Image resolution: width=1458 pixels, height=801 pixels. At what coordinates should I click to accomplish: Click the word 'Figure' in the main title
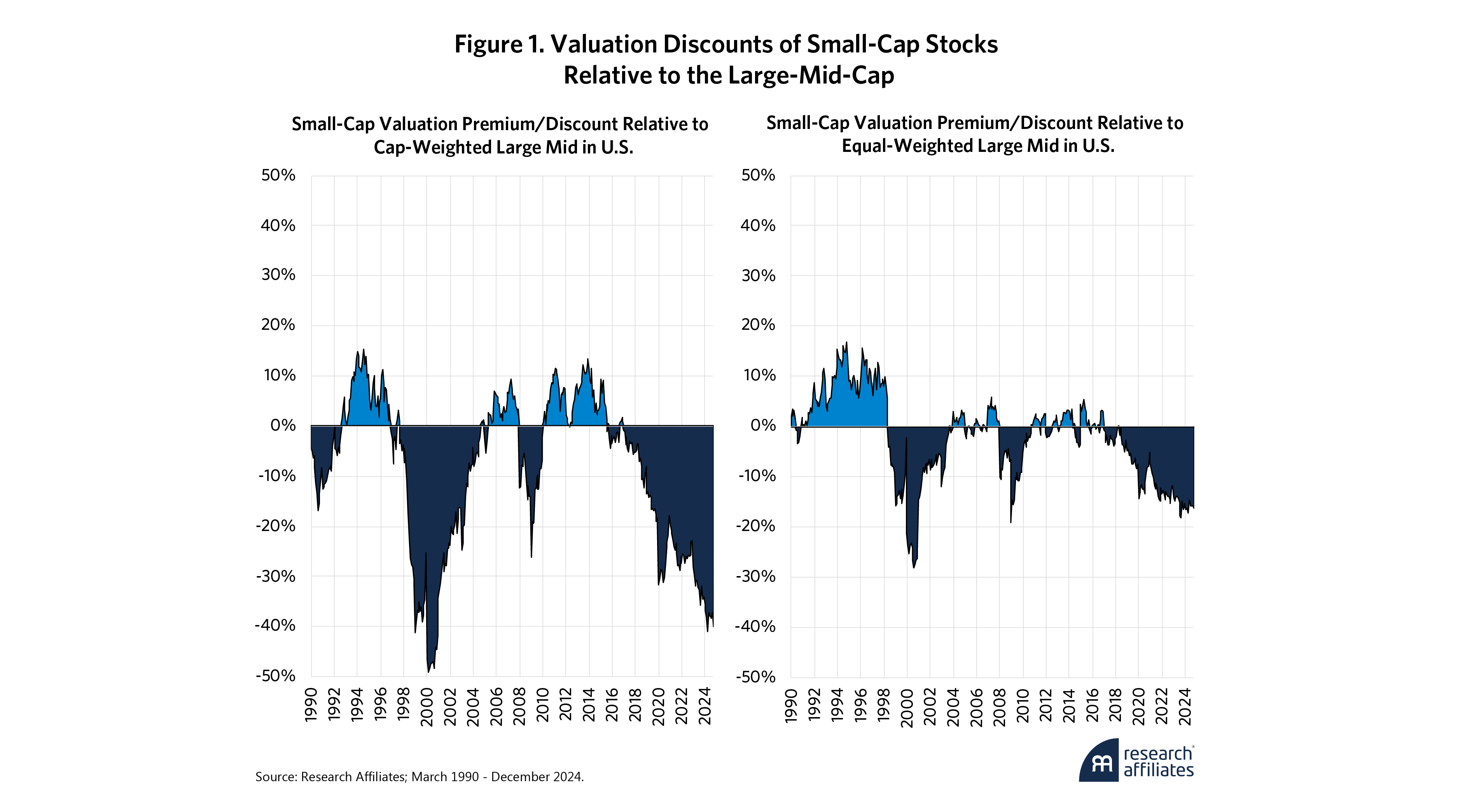click(488, 45)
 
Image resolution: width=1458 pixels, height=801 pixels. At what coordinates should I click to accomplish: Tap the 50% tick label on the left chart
click(278, 175)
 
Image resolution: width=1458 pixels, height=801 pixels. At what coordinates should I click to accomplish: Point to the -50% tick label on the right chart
click(755, 677)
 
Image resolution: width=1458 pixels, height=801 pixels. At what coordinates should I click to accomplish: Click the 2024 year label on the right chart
click(1185, 707)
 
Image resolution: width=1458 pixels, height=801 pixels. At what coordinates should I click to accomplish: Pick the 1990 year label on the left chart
click(311, 707)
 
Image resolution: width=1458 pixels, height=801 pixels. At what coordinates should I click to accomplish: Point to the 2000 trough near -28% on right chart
click(914, 567)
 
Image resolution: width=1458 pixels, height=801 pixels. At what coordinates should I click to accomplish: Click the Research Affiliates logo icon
click(1099, 761)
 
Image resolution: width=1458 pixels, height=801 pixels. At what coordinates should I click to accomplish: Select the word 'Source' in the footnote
click(274, 777)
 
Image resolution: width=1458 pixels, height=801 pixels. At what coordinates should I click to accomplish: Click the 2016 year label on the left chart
click(612, 707)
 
